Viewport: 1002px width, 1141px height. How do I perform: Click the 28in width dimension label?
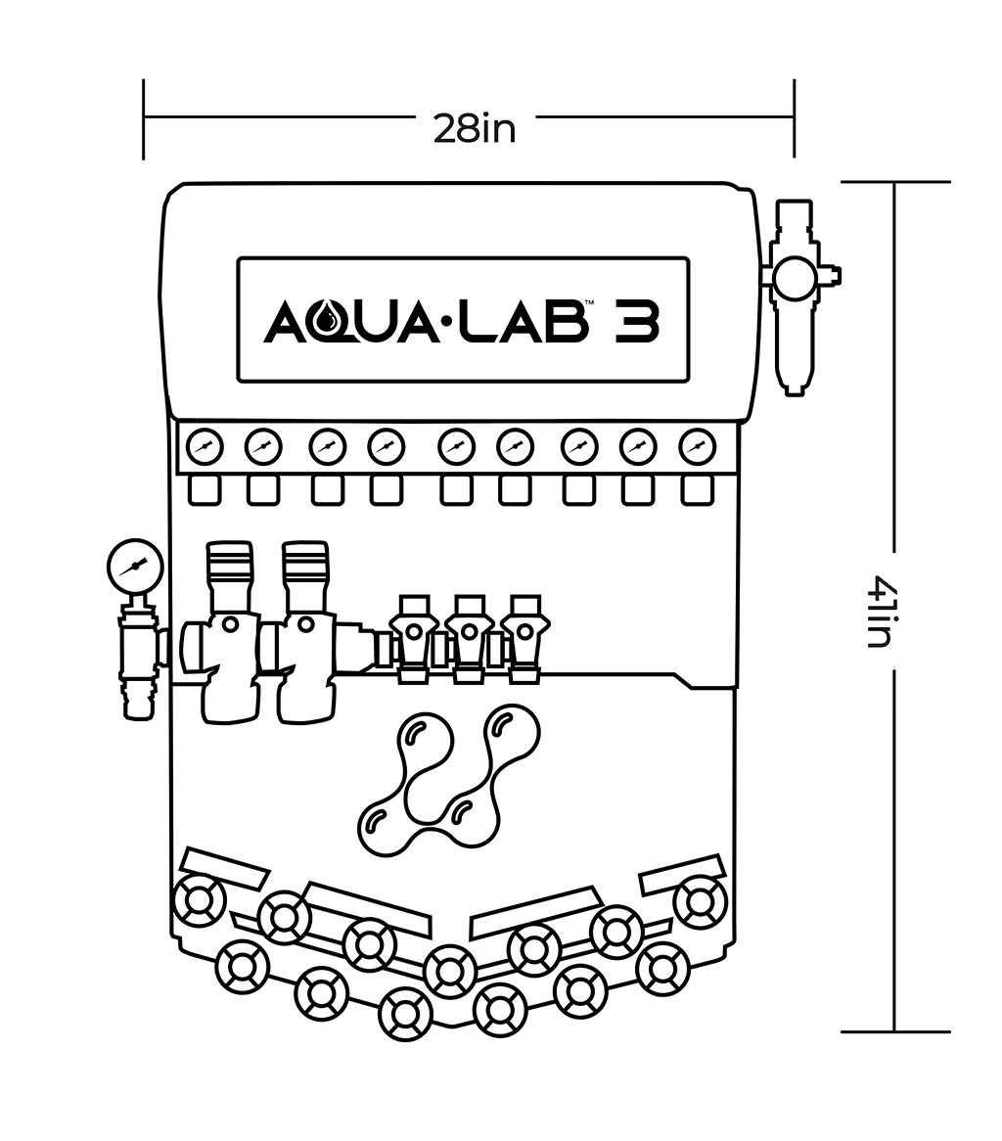click(x=475, y=128)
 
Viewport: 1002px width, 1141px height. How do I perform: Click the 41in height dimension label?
click(x=878, y=612)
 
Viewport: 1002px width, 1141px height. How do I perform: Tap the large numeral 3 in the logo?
click(x=637, y=322)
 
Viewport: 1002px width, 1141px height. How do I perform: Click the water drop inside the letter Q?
click(x=336, y=319)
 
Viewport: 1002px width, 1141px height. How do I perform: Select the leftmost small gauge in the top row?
click(x=205, y=447)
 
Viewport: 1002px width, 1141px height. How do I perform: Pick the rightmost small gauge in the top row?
click(x=697, y=447)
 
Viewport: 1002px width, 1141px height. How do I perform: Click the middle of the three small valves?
click(x=469, y=633)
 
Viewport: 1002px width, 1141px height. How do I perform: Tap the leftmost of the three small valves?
click(x=412, y=633)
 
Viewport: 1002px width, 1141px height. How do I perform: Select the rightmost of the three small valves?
click(x=525, y=633)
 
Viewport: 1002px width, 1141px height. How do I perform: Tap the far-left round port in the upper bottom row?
click(x=199, y=900)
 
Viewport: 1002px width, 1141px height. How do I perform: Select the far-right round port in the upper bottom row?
click(x=701, y=900)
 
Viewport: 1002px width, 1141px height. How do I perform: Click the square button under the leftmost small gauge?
click(x=205, y=489)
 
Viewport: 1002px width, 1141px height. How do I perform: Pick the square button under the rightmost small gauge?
click(x=697, y=489)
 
